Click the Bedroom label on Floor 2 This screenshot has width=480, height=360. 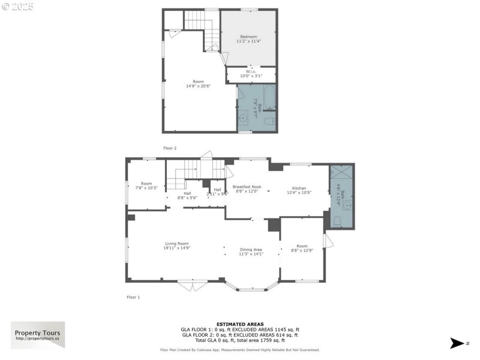tap(248, 37)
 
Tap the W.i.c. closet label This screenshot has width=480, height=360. tap(251, 72)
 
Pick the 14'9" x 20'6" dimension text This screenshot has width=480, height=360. tap(198, 86)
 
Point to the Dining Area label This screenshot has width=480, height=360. tap(251, 249)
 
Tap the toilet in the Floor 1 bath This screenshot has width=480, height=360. tap(337, 221)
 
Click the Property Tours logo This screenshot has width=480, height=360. tap(38, 335)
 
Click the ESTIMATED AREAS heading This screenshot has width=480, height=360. tap(239, 324)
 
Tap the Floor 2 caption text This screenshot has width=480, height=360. tap(170, 148)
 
